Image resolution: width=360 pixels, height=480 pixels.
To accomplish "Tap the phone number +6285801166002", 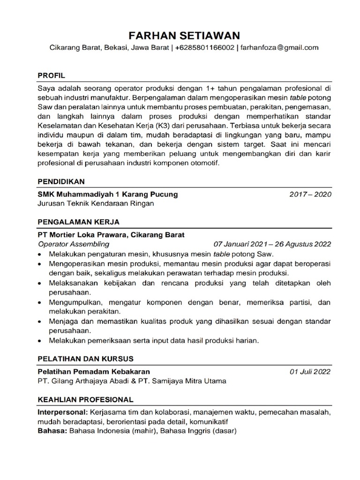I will point(205,47).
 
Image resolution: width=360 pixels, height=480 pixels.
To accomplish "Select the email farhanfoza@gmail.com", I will point(279,47).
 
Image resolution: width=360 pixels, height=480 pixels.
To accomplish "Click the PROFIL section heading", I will point(51,75).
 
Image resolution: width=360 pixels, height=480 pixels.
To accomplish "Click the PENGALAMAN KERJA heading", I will point(78,221).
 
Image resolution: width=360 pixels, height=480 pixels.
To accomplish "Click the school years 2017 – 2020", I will point(310,194).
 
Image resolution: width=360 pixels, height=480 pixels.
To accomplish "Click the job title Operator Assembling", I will point(73,244).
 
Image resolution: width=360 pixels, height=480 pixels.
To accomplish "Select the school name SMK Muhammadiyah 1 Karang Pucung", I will point(107,194).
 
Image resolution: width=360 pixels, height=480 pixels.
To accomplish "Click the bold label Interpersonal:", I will point(62,413).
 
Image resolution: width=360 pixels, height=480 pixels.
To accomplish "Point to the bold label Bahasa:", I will point(52,432).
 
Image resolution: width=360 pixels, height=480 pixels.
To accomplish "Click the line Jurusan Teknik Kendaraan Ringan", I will point(95,203).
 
